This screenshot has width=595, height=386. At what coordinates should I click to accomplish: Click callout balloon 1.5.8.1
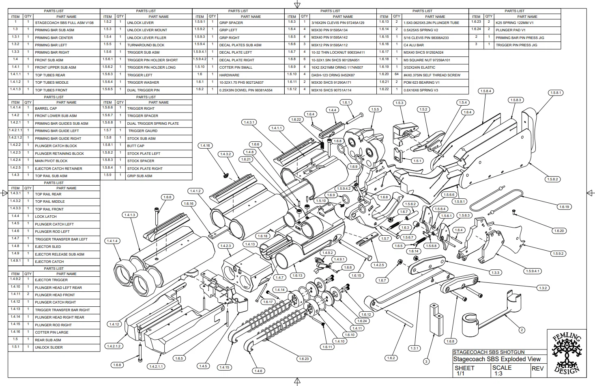[556, 93]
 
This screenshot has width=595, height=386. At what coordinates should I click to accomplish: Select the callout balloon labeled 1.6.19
[564, 207]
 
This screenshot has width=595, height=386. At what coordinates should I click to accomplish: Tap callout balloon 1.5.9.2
[558, 254]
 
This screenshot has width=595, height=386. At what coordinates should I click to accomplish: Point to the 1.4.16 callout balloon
[205, 145]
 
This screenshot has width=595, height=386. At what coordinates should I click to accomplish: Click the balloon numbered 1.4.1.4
[112, 241]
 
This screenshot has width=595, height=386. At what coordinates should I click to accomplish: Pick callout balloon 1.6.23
[304, 359]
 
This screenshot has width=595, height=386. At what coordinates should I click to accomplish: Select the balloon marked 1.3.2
[543, 288]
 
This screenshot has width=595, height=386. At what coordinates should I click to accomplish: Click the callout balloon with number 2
[522, 330]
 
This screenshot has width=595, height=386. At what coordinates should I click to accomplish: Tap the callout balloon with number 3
[426, 361]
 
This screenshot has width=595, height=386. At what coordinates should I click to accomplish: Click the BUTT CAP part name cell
[135, 146]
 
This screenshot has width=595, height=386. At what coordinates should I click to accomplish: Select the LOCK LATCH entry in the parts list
[45, 217]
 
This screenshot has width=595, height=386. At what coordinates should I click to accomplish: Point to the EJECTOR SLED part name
[48, 247]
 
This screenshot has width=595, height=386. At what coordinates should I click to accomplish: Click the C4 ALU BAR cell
[413, 45]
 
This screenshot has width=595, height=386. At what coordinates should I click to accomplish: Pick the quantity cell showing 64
[396, 75]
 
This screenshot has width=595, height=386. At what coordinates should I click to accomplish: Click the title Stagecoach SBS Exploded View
[496, 359]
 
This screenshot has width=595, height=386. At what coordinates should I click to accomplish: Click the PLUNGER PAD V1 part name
[510, 30]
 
